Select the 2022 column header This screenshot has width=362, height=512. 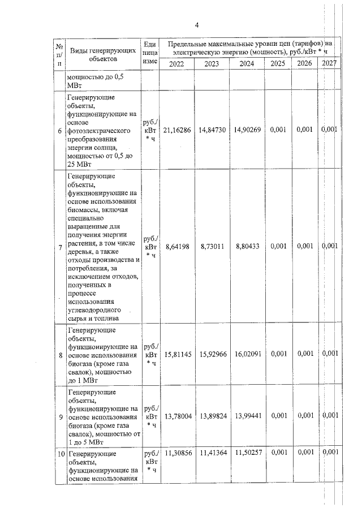176,64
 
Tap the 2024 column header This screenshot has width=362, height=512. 247,64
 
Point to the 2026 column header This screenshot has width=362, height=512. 304,63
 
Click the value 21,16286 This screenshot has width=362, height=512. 177,130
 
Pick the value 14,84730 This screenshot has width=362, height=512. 212,130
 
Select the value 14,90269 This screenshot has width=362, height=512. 247,130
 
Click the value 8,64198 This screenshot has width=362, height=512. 177,247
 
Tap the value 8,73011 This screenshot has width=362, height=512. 212,247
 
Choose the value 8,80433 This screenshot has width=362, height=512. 247,247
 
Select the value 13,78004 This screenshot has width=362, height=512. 177,416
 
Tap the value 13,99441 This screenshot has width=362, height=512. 247,416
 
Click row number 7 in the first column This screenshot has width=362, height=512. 61,247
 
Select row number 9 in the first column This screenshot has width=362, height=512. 61,417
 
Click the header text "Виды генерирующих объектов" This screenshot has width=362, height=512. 102,54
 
